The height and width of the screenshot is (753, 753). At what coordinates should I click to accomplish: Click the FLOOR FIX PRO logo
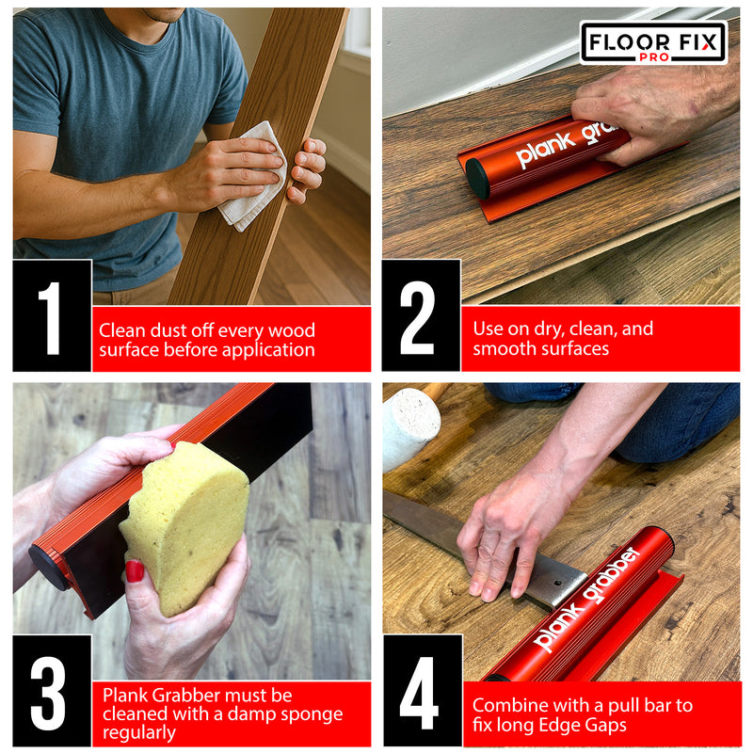[x=653, y=42]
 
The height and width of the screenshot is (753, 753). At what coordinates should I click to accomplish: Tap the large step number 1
[x=52, y=316]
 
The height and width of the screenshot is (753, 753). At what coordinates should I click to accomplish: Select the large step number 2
[x=420, y=316]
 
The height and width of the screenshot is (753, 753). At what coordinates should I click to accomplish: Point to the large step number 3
[x=52, y=692]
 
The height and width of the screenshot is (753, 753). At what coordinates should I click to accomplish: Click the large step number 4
[x=421, y=692]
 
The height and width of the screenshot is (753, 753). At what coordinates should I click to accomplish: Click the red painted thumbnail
[x=135, y=571]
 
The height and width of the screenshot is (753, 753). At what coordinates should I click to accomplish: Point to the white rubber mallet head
[x=409, y=427]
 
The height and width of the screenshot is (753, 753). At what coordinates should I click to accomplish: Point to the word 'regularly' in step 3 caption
[x=138, y=733]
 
